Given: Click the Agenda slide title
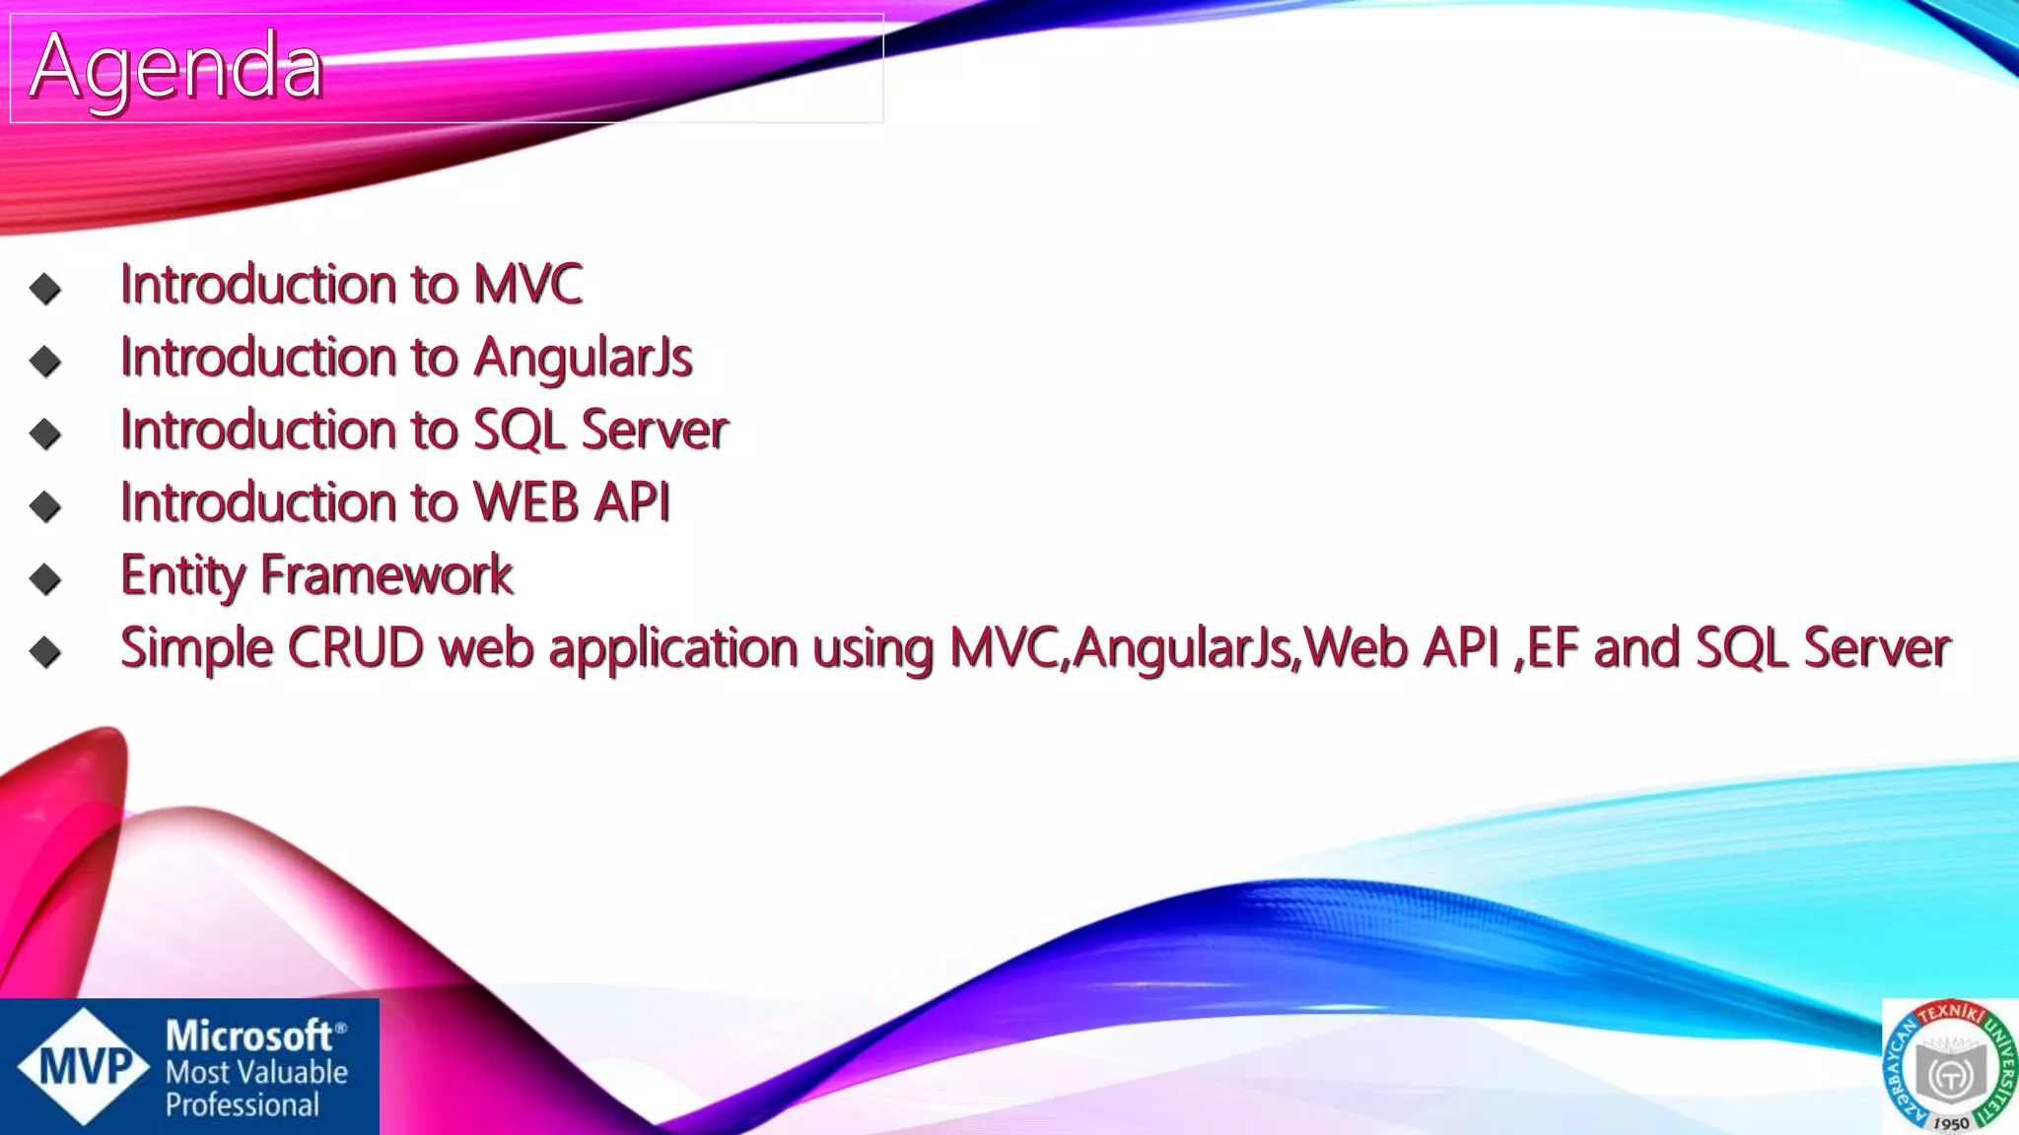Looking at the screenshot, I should pyautogui.click(x=175, y=67).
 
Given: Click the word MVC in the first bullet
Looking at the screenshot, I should pyautogui.click(x=527, y=285).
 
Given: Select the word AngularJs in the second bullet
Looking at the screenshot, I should pyautogui.click(x=583, y=358).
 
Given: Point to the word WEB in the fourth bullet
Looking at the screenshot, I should pyautogui.click(x=526, y=502).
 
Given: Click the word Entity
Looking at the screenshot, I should pyautogui.click(x=182, y=575).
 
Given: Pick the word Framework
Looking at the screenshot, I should pyautogui.click(x=386, y=575).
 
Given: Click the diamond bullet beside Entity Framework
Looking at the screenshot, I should pyautogui.click(x=45, y=579).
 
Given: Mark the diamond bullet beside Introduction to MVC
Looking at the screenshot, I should pyautogui.click(x=45, y=289).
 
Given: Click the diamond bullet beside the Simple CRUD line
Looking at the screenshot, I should pyautogui.click(x=45, y=652).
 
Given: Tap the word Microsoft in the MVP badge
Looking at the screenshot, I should pyautogui.click(x=248, y=1035).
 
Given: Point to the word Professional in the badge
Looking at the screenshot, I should pyautogui.click(x=242, y=1105).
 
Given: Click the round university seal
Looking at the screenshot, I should pyautogui.click(x=1950, y=1067).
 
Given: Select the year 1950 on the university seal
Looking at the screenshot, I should pyautogui.click(x=1951, y=1123).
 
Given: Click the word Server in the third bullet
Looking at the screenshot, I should pyautogui.click(x=654, y=431).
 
